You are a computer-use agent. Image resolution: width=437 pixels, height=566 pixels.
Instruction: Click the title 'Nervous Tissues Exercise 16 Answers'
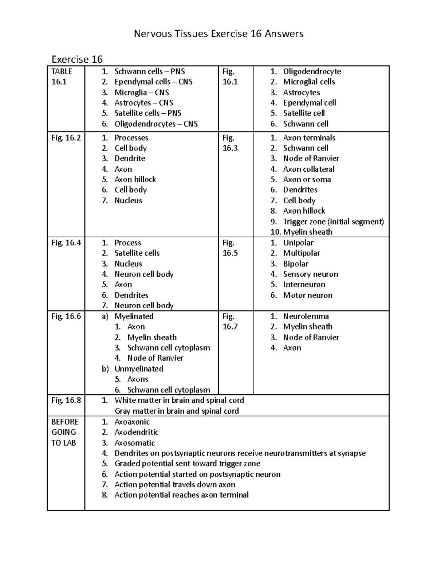(219, 34)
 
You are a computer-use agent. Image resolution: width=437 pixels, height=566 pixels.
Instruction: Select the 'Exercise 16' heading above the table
(77, 59)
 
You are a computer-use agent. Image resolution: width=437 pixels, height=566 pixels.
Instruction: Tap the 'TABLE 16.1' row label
(62, 77)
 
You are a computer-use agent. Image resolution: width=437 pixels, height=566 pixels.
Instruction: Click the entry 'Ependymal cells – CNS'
(153, 82)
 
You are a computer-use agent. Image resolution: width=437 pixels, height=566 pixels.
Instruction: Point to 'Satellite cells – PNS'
(148, 113)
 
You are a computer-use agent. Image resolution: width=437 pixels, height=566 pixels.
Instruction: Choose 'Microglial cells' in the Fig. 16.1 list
(309, 82)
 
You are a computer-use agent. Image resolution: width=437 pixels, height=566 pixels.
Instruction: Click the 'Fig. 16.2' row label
(66, 138)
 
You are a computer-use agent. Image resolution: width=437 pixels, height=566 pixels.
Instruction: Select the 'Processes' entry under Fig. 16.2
(131, 138)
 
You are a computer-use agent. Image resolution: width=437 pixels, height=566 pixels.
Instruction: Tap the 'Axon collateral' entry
(309, 169)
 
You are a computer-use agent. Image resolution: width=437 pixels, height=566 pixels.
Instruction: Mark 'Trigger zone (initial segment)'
(334, 222)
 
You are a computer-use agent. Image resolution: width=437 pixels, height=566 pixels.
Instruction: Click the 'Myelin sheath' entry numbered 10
(308, 232)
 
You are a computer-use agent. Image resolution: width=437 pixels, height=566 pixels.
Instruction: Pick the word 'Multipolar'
(302, 253)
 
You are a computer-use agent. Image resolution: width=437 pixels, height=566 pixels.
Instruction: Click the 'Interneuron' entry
(304, 284)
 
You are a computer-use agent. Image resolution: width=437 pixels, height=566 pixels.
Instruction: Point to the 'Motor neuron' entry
(308, 295)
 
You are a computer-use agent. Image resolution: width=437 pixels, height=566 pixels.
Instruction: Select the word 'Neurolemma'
(306, 316)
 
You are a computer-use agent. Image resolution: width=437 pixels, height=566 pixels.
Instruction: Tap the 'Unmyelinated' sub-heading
(139, 368)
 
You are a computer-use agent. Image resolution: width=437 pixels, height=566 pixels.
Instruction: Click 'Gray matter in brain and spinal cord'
(177, 411)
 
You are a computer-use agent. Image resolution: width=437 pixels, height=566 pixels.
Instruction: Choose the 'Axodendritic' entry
(137, 432)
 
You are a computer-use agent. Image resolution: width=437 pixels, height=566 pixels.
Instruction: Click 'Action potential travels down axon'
(175, 484)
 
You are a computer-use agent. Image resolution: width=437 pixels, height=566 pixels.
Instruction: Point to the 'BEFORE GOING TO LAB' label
(64, 432)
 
